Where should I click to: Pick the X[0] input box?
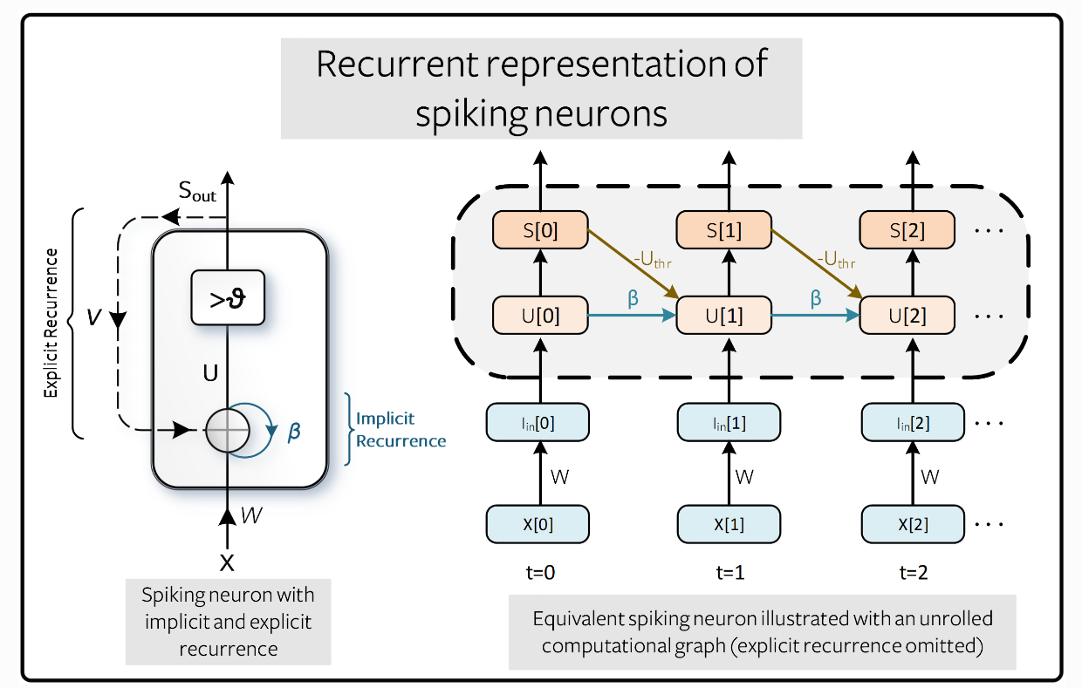tap(538, 525)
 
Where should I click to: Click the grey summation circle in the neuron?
tap(227, 431)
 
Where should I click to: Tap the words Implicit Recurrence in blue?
tap(400, 430)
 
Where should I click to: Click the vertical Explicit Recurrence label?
tap(53, 324)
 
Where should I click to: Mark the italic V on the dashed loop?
tap(93, 317)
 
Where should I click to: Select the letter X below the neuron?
tap(227, 562)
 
